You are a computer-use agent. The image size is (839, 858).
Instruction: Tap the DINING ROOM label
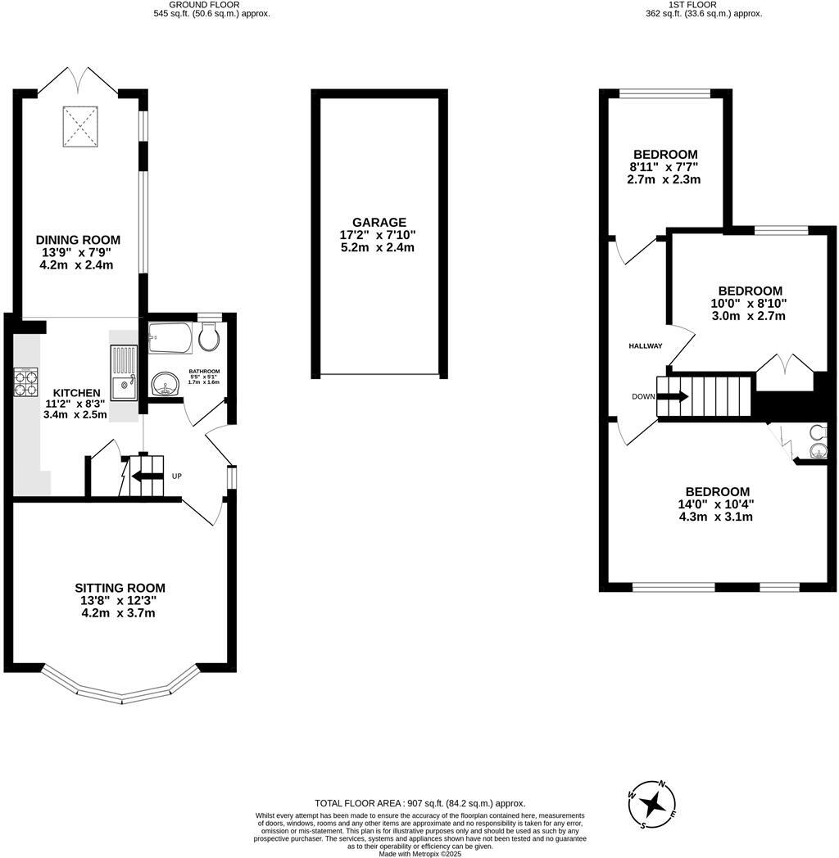pos(78,240)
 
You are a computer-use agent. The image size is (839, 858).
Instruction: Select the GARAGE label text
pos(379,222)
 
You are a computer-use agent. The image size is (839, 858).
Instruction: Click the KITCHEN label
pos(76,393)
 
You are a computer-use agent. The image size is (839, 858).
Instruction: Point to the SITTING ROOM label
pos(120,588)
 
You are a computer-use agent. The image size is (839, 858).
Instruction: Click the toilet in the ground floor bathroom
pos(210,336)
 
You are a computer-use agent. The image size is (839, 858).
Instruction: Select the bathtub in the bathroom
pos(170,336)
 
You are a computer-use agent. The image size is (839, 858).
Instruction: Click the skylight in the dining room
pos(80,125)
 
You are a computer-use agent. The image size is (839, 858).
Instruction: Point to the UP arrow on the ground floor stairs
pos(147,476)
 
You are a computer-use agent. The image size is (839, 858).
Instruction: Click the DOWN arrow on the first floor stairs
pos(672,397)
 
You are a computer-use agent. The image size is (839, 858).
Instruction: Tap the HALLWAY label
pos(645,346)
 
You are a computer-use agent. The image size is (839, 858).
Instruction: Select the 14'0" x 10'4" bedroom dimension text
pos(715,504)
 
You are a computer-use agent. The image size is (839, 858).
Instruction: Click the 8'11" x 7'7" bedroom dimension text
pos(664,167)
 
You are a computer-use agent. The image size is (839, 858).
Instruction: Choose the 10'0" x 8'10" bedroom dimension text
pos(749,303)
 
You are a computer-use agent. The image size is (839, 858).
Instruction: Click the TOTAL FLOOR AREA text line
pos(419,803)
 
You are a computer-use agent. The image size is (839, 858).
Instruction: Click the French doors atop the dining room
pos(79,80)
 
